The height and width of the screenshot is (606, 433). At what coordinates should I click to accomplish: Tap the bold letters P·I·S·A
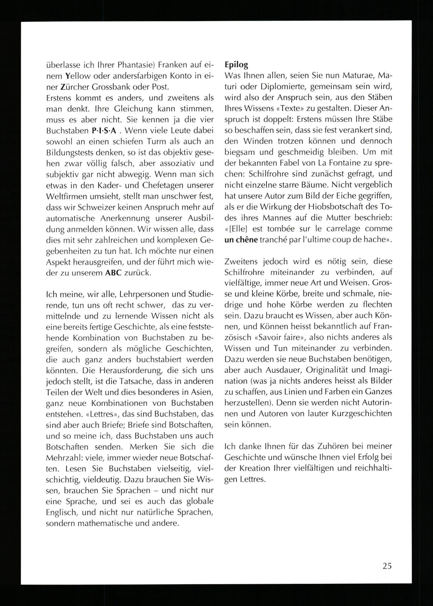[104, 131]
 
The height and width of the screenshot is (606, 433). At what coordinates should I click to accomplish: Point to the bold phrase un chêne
[241, 240]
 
